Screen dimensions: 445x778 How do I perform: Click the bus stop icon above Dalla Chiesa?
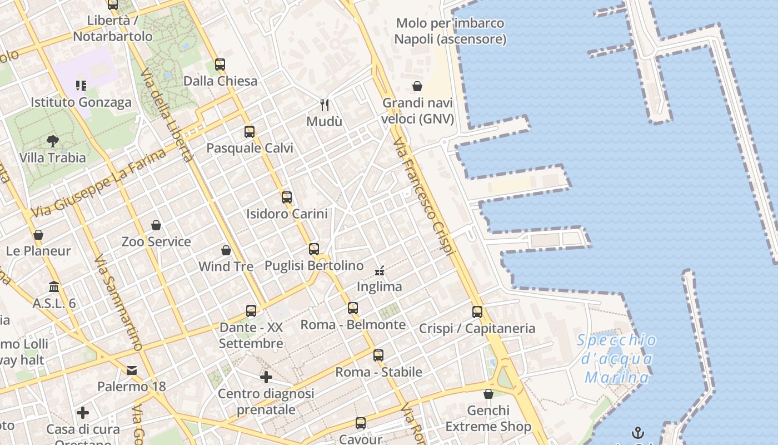coord(220,64)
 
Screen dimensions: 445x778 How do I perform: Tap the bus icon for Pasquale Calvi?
coord(250,132)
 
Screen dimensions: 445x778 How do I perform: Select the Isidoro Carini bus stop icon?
coord(287,197)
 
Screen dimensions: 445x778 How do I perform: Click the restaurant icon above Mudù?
coord(325,104)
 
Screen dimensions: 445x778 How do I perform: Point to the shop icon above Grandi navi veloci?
coord(417,86)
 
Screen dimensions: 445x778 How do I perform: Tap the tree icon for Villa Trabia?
coord(53,141)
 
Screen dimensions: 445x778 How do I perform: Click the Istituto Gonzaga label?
coord(81,102)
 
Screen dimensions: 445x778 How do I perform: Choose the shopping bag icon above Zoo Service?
coord(156,225)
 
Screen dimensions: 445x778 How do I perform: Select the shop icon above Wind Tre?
coord(226,250)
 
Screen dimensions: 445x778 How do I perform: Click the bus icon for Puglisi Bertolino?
coord(314,249)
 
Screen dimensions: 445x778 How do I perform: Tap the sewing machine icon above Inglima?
coord(380,271)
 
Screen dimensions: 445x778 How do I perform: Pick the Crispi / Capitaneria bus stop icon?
coord(477,312)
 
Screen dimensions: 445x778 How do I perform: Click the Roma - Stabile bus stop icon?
coord(378,355)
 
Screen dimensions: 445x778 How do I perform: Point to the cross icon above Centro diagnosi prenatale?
coord(266,377)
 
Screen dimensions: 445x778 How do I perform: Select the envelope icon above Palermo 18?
coord(132,370)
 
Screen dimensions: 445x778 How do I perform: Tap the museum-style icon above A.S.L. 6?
coord(54,287)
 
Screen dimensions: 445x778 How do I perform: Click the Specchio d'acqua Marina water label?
coord(616,359)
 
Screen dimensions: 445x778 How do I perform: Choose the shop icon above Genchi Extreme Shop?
coord(488,394)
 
